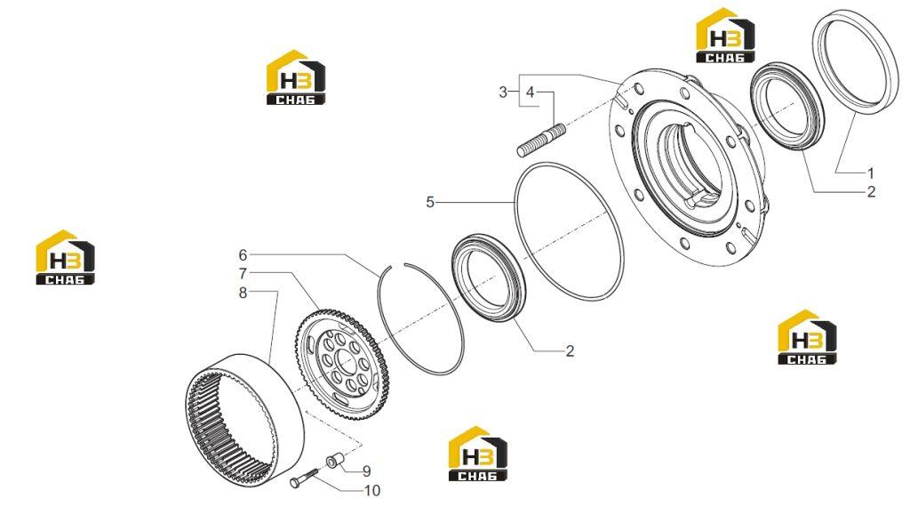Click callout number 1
870,173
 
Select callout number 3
503,93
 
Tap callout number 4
530,93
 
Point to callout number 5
430,202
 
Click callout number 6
243,255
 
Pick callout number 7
243,273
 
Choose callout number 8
243,293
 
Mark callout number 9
366,471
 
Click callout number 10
372,491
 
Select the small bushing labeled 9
335,461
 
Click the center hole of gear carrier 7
346,364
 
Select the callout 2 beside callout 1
871,192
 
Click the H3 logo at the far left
65,257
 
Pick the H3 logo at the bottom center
477,454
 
